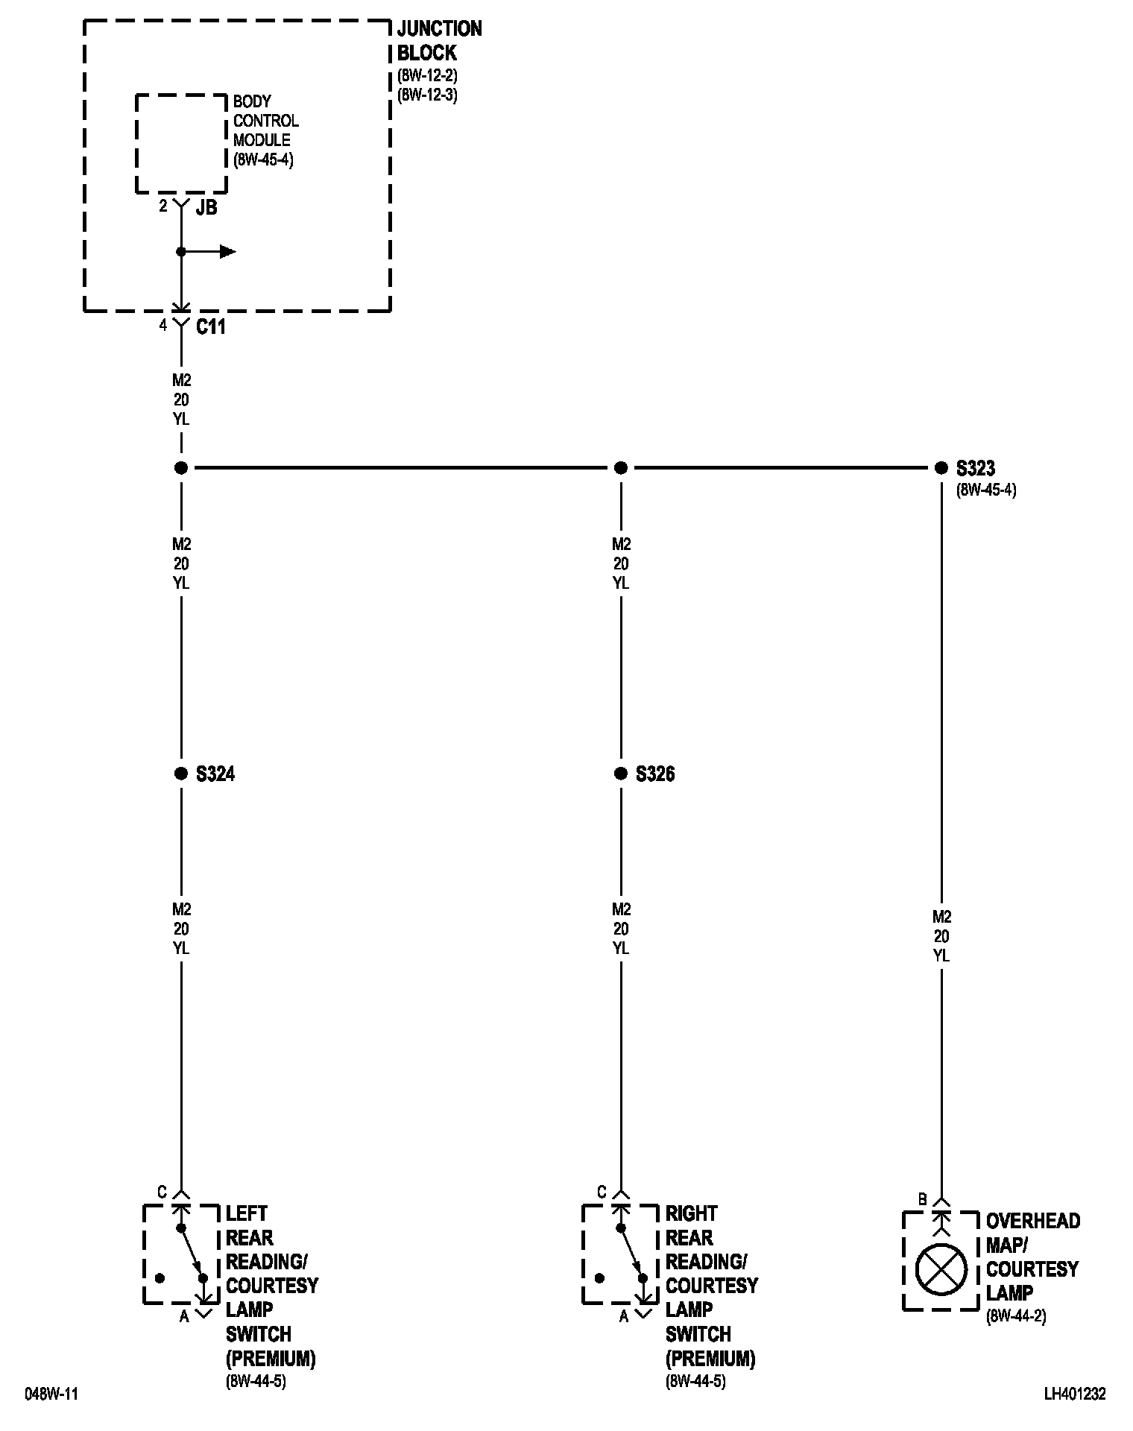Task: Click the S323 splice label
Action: click(975, 468)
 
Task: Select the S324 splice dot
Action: click(180, 774)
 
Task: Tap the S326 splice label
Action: click(655, 774)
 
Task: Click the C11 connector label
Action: click(210, 326)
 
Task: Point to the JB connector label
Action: click(206, 208)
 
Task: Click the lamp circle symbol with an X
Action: click(941, 1270)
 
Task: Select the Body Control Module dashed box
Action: click(181, 143)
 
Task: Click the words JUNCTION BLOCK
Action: click(438, 41)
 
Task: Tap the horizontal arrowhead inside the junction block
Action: click(227, 252)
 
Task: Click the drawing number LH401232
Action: click(1075, 1394)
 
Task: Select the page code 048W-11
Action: click(51, 1394)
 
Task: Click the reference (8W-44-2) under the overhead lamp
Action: click(1016, 1317)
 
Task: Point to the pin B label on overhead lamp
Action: click(922, 1200)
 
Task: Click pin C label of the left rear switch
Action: click(162, 1192)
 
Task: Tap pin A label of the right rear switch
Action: click(624, 1317)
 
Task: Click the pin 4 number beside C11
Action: click(162, 326)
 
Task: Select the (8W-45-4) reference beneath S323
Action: click(986, 490)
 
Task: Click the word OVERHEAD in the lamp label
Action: click(1032, 1221)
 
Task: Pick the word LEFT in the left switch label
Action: click(246, 1213)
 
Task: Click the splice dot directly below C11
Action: click(180, 468)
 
